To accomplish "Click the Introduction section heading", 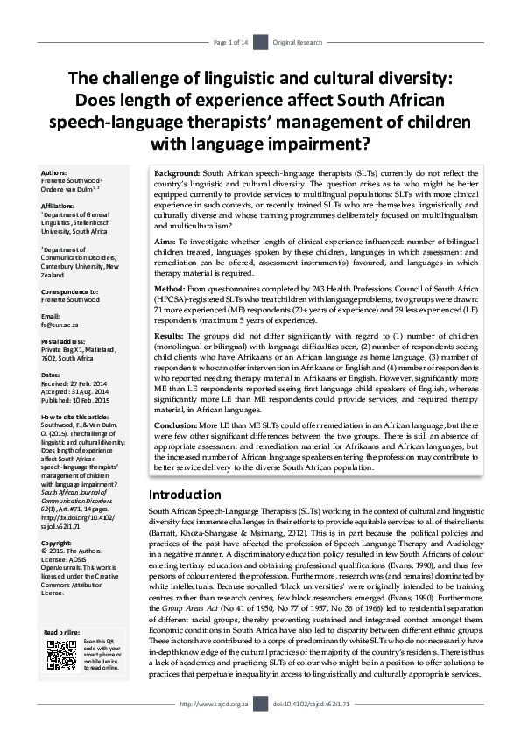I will [185, 495].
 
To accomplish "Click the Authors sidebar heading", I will [55, 173].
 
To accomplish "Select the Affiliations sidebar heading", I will [60, 207].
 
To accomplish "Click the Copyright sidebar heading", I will [58, 518].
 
